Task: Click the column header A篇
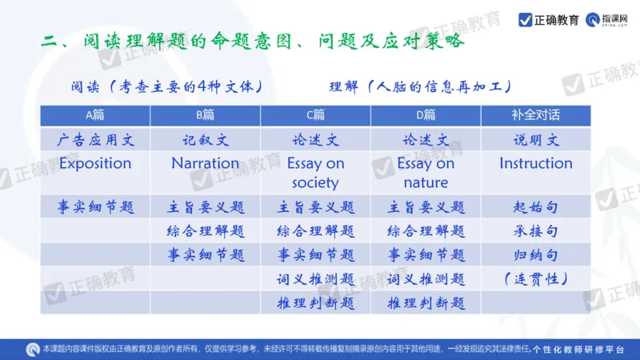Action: click(x=95, y=114)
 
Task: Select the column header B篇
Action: click(x=205, y=114)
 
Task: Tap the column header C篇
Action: click(x=315, y=114)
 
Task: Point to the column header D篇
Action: click(x=426, y=114)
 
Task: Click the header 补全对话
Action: click(x=535, y=114)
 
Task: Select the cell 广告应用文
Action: click(x=95, y=141)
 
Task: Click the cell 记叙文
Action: click(x=205, y=141)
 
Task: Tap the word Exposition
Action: click(x=95, y=163)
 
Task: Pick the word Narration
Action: click(x=205, y=163)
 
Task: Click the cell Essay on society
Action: click(x=315, y=173)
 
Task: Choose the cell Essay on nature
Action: click(x=426, y=173)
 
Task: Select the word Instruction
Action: click(x=535, y=163)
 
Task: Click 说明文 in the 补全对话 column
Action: click(x=535, y=141)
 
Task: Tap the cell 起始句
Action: click(x=535, y=208)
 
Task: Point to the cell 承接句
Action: click(x=535, y=232)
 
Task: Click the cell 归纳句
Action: click(x=535, y=255)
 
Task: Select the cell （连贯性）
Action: click(x=535, y=279)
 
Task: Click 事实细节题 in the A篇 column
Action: click(x=95, y=208)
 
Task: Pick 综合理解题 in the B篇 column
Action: click(x=205, y=232)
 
